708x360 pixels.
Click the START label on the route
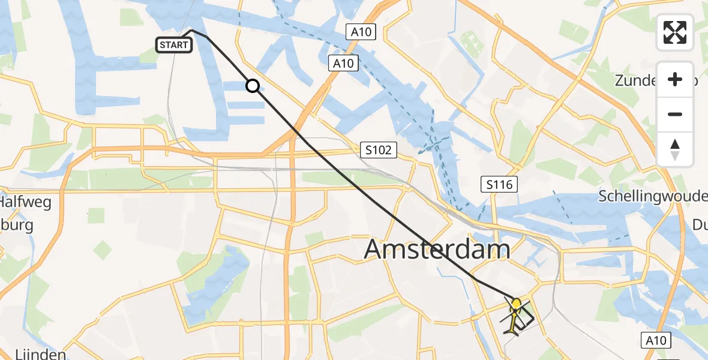tap(174, 44)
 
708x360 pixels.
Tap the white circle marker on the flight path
tap(253, 86)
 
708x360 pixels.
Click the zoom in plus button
tap(675, 80)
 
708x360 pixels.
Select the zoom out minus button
tap(675, 114)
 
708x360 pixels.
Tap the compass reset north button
tap(675, 149)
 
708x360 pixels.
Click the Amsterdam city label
tap(437, 250)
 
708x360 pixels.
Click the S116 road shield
tap(500, 184)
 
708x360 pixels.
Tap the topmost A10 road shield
tap(361, 32)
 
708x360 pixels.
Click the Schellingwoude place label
tap(653, 197)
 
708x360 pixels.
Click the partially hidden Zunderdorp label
tap(636, 80)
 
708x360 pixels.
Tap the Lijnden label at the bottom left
tap(32, 354)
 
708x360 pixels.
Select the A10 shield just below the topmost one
tap(343, 62)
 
